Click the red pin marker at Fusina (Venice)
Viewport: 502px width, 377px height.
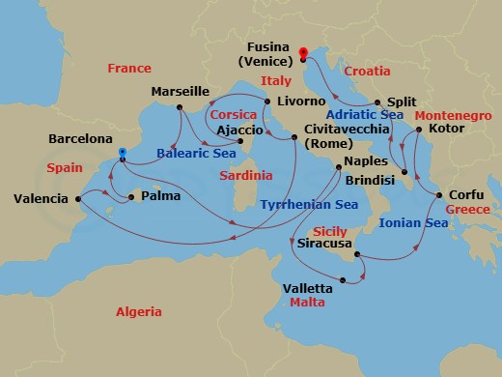(x=302, y=53)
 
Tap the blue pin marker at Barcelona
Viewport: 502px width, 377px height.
(x=122, y=153)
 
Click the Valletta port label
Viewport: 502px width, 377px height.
(x=309, y=288)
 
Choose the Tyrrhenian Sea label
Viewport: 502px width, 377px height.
(x=308, y=205)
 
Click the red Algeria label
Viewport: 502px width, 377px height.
(x=139, y=311)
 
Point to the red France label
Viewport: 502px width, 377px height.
(x=130, y=68)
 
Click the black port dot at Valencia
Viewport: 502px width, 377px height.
(x=79, y=198)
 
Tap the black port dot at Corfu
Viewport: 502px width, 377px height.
(x=440, y=196)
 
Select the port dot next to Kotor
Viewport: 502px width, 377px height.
(x=418, y=128)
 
